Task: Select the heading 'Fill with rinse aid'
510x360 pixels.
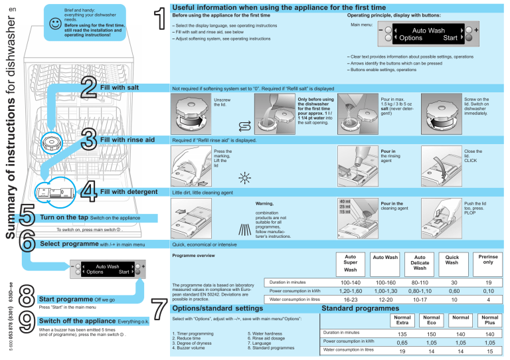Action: (127, 139)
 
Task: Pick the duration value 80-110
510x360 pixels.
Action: (419, 282)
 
